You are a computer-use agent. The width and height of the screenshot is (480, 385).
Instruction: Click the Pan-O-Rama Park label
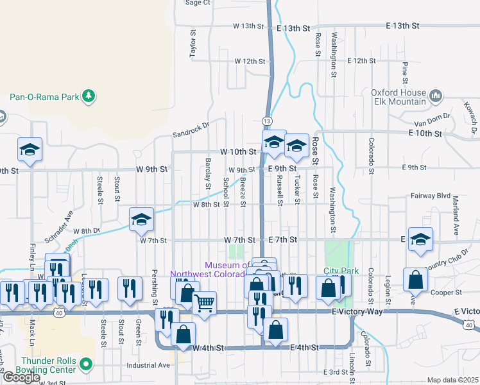44,98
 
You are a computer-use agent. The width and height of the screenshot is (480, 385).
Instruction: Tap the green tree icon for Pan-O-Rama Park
89,97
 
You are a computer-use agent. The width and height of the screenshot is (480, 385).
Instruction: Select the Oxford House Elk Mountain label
399,97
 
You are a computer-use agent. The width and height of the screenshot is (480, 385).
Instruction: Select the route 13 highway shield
266,121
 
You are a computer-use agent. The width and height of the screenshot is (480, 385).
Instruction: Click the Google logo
21,377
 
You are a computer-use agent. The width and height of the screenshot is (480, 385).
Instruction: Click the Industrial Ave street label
148,365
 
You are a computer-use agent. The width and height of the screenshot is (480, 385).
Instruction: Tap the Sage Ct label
198,3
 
